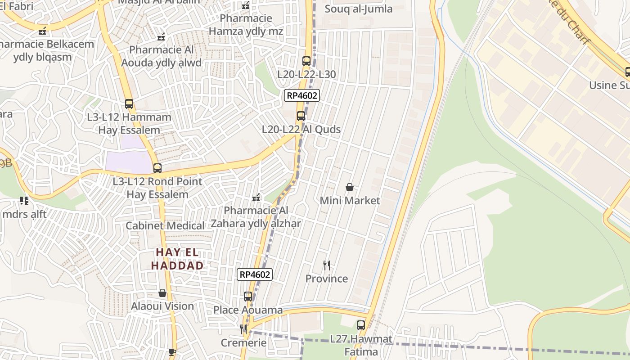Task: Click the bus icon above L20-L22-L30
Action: (x=306, y=61)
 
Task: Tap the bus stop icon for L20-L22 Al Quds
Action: (x=301, y=116)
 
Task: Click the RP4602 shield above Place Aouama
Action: (x=255, y=274)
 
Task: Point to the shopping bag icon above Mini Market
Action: (x=350, y=187)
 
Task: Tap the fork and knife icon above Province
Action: (x=327, y=265)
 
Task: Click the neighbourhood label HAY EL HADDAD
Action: (x=177, y=259)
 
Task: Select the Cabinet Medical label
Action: (x=165, y=225)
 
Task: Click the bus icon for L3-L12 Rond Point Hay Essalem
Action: (x=157, y=168)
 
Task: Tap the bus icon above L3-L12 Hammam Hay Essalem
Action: (x=129, y=104)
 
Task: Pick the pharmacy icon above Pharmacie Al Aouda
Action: (x=161, y=37)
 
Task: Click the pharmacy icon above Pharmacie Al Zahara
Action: (x=256, y=197)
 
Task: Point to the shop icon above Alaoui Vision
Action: (x=162, y=293)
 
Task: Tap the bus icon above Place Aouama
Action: (x=248, y=297)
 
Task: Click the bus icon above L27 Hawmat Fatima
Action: (x=361, y=325)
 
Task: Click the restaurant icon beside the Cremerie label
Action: (x=243, y=329)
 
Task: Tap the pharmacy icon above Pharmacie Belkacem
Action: (x=42, y=31)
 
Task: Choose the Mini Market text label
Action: (x=350, y=201)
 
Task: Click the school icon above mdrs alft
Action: (x=24, y=201)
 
